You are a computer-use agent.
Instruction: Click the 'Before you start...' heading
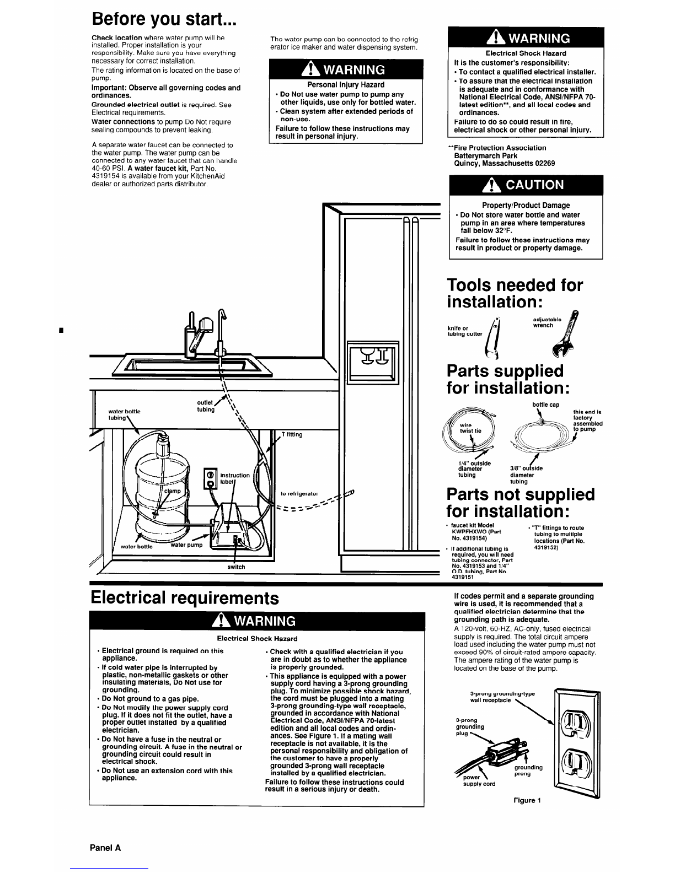[164, 19]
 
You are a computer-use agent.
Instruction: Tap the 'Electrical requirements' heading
[185, 598]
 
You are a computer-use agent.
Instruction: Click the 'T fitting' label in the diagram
[292, 434]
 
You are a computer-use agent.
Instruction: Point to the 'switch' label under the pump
[236, 567]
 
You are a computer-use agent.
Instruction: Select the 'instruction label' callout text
[235, 478]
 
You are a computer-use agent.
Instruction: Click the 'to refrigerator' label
[299, 494]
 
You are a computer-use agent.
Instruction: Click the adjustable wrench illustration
[565, 334]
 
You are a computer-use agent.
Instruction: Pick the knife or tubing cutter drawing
[493, 337]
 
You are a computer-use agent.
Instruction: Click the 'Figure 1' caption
[527, 800]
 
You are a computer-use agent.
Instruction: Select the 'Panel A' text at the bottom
[105, 848]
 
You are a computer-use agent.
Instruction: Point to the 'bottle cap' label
[545, 405]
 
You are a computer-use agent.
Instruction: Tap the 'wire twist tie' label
[470, 428]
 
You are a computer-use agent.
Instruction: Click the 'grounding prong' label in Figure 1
[528, 770]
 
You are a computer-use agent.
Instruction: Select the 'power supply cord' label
[479, 780]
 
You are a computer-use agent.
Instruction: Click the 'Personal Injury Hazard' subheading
[346, 85]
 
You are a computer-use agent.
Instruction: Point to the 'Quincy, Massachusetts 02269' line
[505, 164]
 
